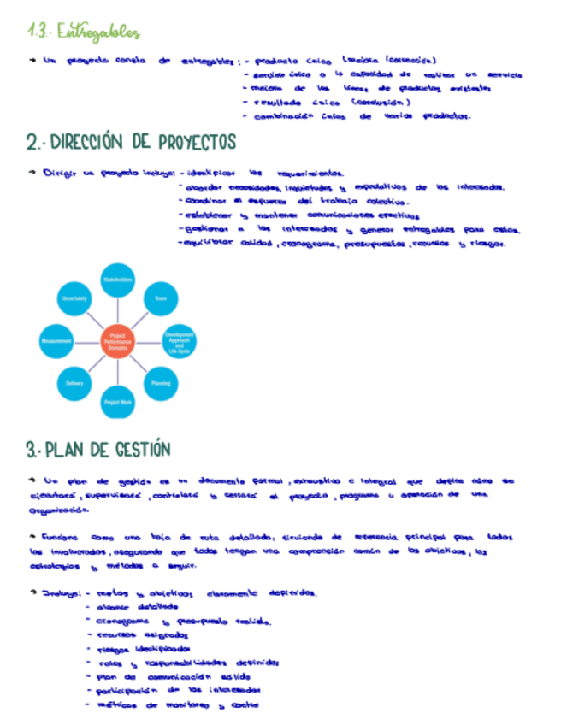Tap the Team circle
[161, 298]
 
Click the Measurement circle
[56, 340]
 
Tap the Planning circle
[161, 383]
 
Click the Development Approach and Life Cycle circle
[179, 340]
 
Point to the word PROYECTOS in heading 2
[183, 142]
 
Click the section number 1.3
[38, 33]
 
